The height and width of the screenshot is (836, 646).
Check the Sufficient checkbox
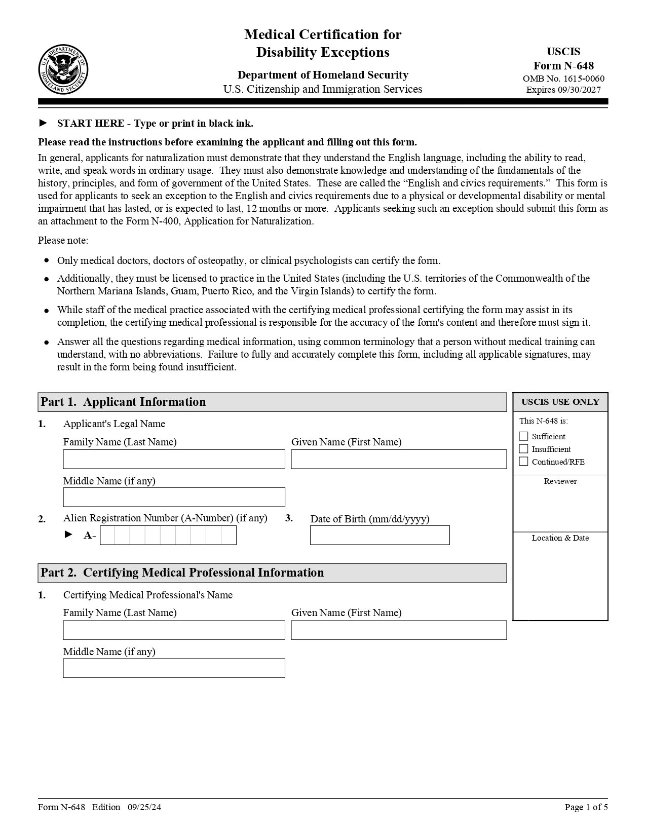click(x=524, y=436)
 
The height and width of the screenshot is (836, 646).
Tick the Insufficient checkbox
click(x=524, y=449)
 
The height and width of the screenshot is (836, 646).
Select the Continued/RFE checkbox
click(x=524, y=462)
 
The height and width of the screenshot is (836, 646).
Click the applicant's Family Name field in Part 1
click(x=174, y=459)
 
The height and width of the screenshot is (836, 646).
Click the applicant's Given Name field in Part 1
click(x=399, y=459)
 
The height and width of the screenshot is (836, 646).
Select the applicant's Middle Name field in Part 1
click(x=174, y=497)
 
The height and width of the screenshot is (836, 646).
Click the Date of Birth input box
click(x=379, y=535)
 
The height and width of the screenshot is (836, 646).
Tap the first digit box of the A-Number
click(x=107, y=535)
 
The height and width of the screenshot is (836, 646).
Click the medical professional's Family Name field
click(x=174, y=630)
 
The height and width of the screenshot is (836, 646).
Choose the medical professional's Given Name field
click(x=399, y=630)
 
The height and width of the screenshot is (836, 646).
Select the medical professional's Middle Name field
click(x=174, y=668)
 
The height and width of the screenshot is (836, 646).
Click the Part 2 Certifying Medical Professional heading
click(x=182, y=573)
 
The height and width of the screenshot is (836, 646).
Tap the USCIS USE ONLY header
click(x=560, y=402)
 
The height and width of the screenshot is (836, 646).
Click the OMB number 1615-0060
click(x=563, y=79)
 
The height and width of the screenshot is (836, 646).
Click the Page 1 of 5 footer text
click(x=586, y=807)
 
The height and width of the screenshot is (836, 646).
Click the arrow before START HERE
click(x=43, y=123)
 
